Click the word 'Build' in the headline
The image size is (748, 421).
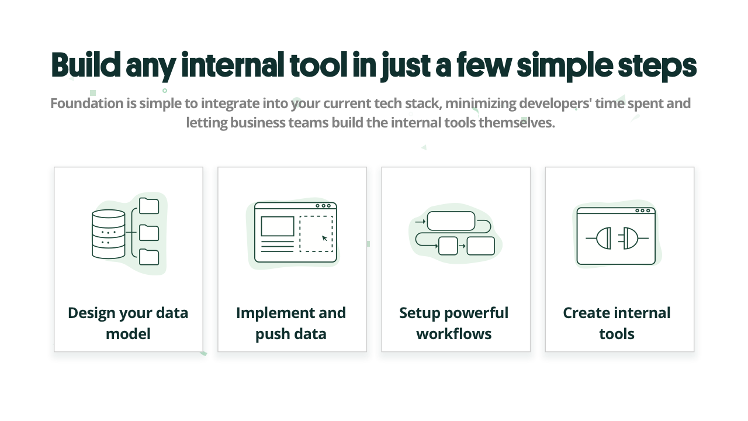pyautogui.click(x=86, y=64)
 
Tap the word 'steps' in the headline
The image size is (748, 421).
pyautogui.click(x=657, y=67)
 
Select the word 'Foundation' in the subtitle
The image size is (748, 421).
pyautogui.click(x=86, y=103)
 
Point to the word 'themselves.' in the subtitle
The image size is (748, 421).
pyautogui.click(x=517, y=123)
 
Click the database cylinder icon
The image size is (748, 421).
pyautogui.click(x=109, y=234)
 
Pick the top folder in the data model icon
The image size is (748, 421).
pyautogui.click(x=149, y=205)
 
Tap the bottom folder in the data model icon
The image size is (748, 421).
pyautogui.click(x=149, y=257)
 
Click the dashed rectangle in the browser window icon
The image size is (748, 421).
pyautogui.click(x=316, y=233)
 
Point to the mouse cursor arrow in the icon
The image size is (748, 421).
pyautogui.click(x=324, y=238)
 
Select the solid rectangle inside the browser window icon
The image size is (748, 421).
pyautogui.click(x=278, y=226)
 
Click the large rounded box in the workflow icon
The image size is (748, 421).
pyautogui.click(x=451, y=221)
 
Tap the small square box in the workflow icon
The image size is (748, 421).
pyautogui.click(x=448, y=246)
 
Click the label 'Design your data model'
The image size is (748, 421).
pyautogui.click(x=128, y=323)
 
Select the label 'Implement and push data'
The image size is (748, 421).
pyautogui.click(x=291, y=323)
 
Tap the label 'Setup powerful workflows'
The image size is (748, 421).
pyautogui.click(x=454, y=323)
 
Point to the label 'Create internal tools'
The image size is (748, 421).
pyautogui.click(x=617, y=323)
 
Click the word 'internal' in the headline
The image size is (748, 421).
pyautogui.click(x=233, y=64)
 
